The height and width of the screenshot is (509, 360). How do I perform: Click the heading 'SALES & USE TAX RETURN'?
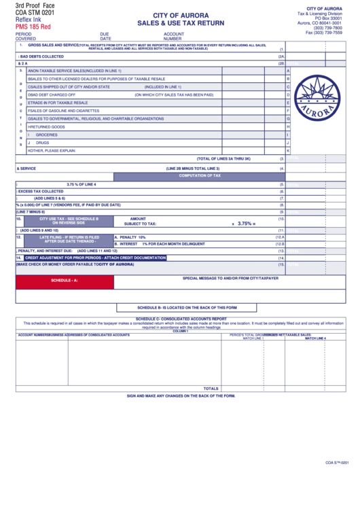180,22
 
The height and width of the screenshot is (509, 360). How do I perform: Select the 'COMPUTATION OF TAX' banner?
199,175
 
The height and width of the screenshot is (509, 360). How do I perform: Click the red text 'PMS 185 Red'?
33,27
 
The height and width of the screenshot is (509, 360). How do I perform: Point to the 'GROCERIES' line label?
47,135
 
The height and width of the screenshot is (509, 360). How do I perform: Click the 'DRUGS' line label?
43,143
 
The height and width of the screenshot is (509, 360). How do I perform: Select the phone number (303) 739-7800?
328,27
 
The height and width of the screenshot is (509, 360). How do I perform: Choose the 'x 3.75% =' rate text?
243,223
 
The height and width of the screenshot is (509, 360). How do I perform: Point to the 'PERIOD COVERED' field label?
25,36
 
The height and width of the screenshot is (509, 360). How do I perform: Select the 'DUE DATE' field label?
105,36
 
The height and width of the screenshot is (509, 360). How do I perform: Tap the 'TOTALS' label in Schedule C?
211,389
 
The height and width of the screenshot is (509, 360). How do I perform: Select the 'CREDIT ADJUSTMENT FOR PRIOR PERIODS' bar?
95,258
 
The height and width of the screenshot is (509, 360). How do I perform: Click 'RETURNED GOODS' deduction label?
48,126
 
